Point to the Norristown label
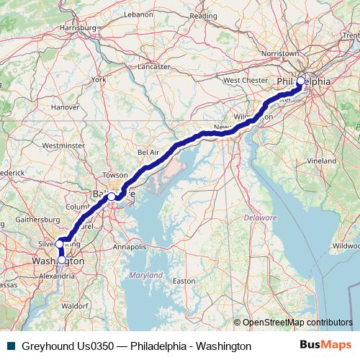[x=279, y=54]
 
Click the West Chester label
[x=245, y=80]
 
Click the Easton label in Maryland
[x=184, y=281]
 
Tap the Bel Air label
[x=148, y=153]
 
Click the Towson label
[x=114, y=175]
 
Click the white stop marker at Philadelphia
[x=301, y=81]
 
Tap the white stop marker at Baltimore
[x=112, y=196]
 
